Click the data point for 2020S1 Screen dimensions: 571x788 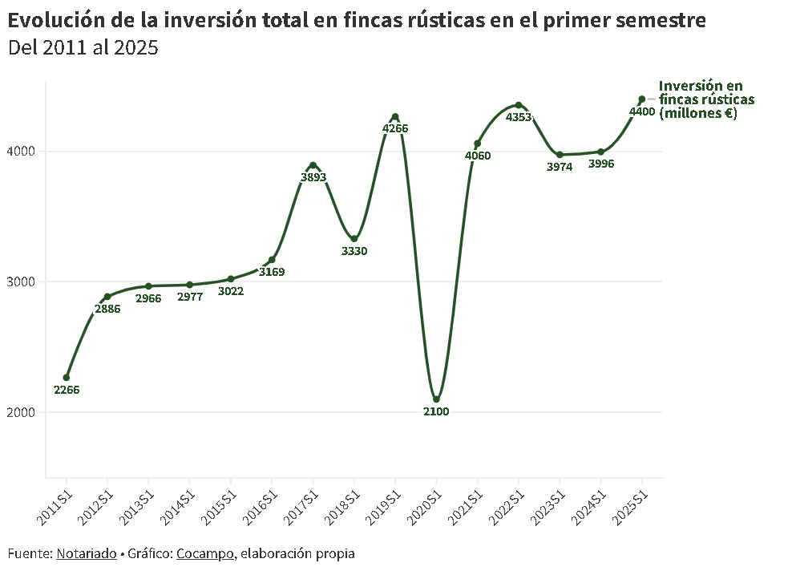pyautogui.click(x=436, y=399)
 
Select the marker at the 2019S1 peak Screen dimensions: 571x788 pyautogui.click(x=395, y=117)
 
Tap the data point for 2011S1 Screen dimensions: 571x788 pyautogui.click(x=67, y=378)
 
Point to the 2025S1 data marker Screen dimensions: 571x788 pyautogui.click(x=641, y=99)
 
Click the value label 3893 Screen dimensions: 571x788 pyautogui.click(x=313, y=177)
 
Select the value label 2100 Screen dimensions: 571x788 pyautogui.click(x=436, y=411)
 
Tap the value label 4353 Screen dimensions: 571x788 pyautogui.click(x=519, y=117)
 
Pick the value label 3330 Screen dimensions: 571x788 pyautogui.click(x=354, y=251)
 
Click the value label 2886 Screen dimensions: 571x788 pyautogui.click(x=107, y=309)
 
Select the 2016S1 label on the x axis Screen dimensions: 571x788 pyautogui.click(x=261, y=503)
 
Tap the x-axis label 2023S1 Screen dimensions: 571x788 pyautogui.click(x=549, y=503)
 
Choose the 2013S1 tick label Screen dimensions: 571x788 pyautogui.click(x=138, y=503)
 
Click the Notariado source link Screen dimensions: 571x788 pyautogui.click(x=86, y=553)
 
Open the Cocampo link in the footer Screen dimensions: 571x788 pyautogui.click(x=205, y=553)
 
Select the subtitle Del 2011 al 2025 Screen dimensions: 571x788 pyautogui.click(x=83, y=48)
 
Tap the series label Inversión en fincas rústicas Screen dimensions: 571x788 pyautogui.click(x=705, y=99)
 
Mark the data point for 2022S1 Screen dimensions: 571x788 pyautogui.click(x=519, y=105)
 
